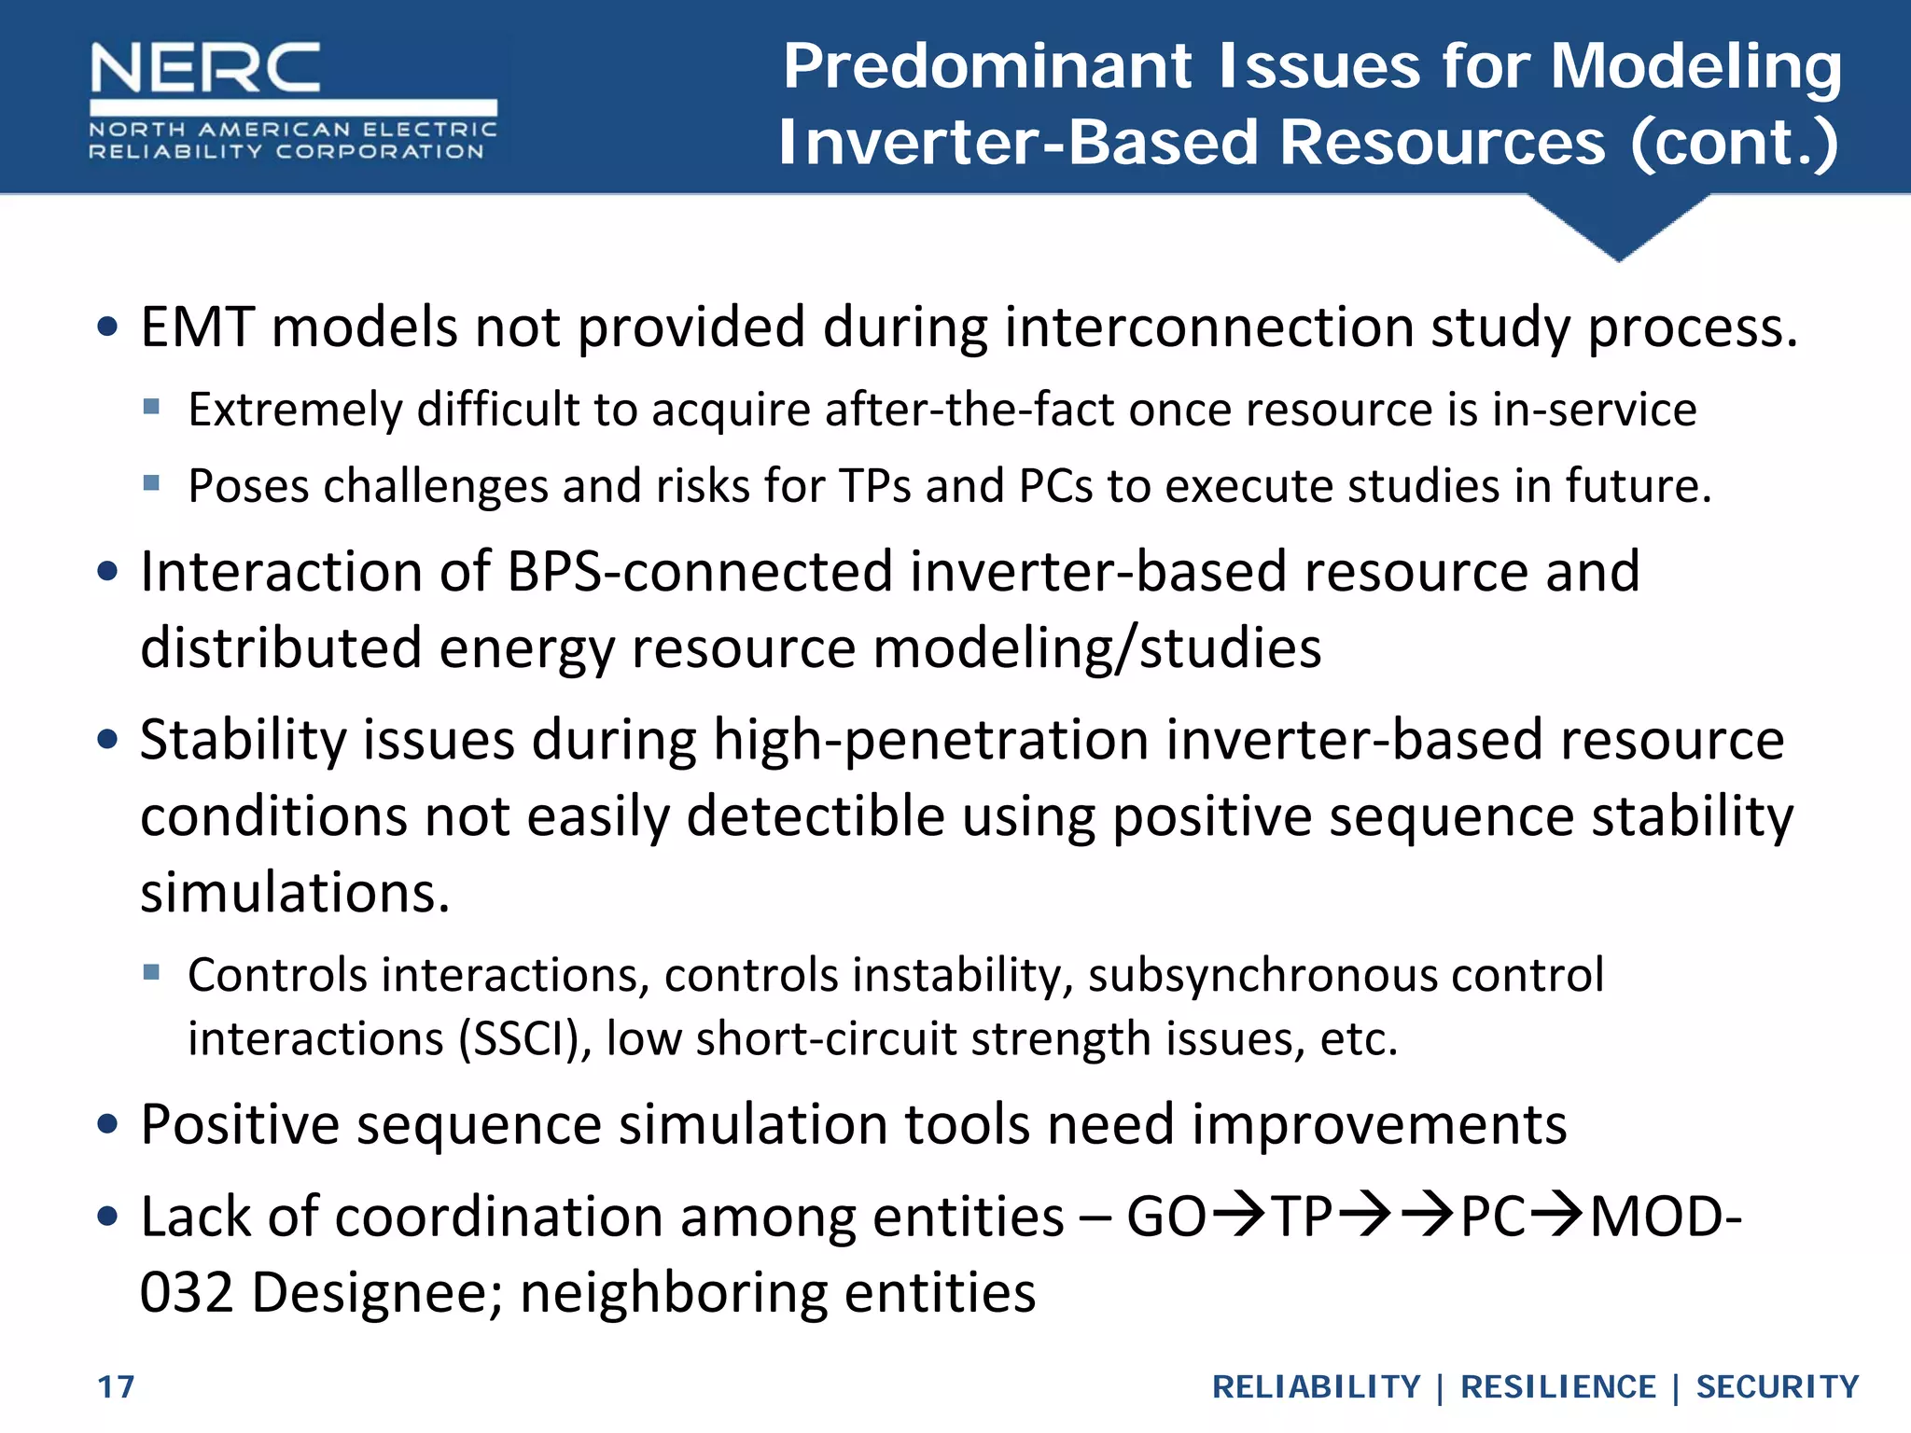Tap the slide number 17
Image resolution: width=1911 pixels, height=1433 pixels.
tap(117, 1387)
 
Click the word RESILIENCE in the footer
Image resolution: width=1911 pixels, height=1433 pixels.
tap(1557, 1387)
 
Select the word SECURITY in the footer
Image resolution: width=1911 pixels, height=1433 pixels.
tap(1778, 1387)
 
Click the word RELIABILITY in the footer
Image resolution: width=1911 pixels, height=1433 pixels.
tap(1316, 1387)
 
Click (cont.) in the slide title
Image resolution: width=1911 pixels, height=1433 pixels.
tap(1735, 144)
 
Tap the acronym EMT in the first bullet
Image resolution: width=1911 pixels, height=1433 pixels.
tap(197, 328)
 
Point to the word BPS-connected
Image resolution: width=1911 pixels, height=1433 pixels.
tap(700, 572)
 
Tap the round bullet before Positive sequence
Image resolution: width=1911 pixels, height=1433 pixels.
tap(108, 1124)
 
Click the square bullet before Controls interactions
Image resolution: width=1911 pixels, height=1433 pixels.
tap(152, 973)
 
